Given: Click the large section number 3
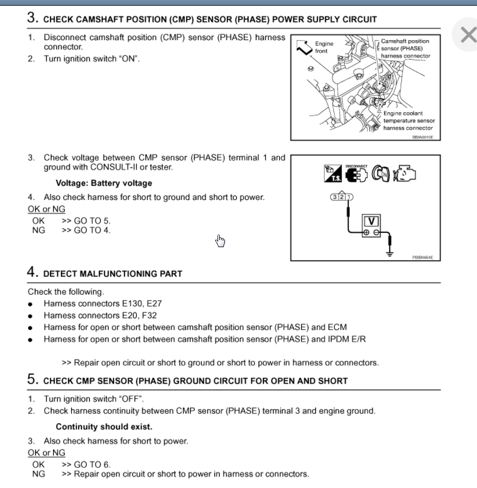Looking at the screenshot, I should click(x=33, y=17).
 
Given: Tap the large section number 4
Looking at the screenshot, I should click(x=33, y=272).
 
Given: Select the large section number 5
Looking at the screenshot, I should click(x=33, y=379).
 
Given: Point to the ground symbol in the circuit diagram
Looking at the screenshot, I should click(x=390, y=251).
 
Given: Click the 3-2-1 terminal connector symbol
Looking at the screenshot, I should click(x=342, y=197).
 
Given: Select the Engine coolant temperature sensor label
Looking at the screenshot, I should click(x=409, y=121).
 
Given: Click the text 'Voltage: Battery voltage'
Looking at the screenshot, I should click(x=104, y=183).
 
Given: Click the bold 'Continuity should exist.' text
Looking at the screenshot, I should click(x=104, y=427).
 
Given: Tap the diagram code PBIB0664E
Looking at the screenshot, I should click(x=422, y=257).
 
